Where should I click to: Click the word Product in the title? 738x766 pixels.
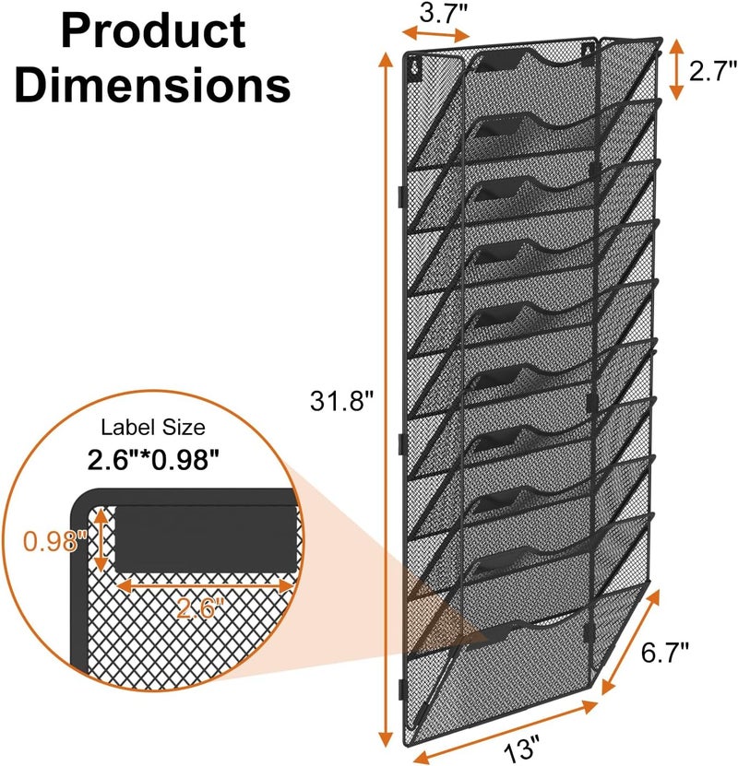pyautogui.click(x=153, y=32)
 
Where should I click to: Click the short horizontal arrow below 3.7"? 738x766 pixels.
pyautogui.click(x=436, y=35)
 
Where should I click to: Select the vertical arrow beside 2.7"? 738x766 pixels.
pyautogui.click(x=676, y=69)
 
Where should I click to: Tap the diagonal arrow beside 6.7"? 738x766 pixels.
pyautogui.click(x=630, y=642)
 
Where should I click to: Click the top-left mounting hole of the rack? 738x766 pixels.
pyautogui.click(x=415, y=67)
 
